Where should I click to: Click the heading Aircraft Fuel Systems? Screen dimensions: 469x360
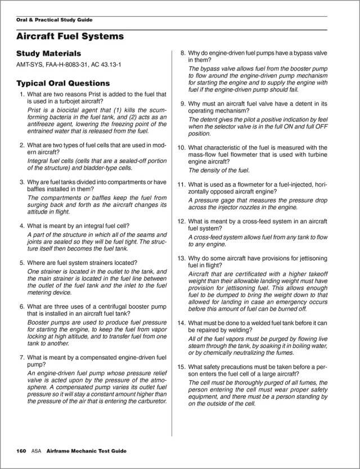click(x=70, y=37)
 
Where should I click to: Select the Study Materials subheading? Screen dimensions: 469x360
click(x=48, y=53)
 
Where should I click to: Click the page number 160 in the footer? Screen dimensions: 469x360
click(x=21, y=451)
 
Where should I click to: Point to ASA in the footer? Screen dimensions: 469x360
click(x=37, y=451)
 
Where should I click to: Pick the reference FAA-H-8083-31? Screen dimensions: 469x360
click(x=65, y=65)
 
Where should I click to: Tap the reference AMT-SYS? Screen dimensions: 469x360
click(x=29, y=65)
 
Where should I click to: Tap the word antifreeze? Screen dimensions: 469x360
click(x=42, y=124)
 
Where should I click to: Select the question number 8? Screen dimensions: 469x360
click(x=183, y=53)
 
